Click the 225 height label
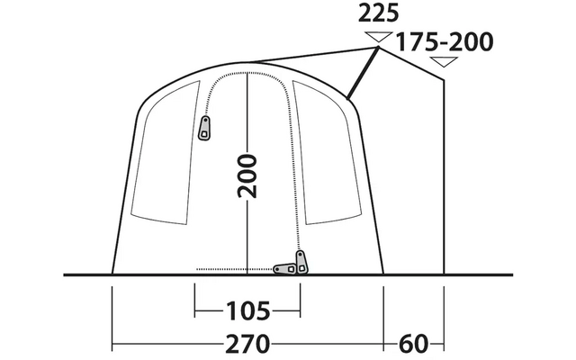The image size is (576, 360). coord(378,14)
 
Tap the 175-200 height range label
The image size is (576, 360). coord(444,42)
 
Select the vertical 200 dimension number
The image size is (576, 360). coord(247,176)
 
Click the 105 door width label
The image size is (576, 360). coord(248,311)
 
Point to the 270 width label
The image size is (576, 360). coord(247,344)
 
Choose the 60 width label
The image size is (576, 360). coord(414,344)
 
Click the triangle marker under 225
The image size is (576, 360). coord(378,37)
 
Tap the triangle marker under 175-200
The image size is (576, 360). coord(444,62)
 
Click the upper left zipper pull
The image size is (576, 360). coord(204,128)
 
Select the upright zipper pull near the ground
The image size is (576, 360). coord(301,262)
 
